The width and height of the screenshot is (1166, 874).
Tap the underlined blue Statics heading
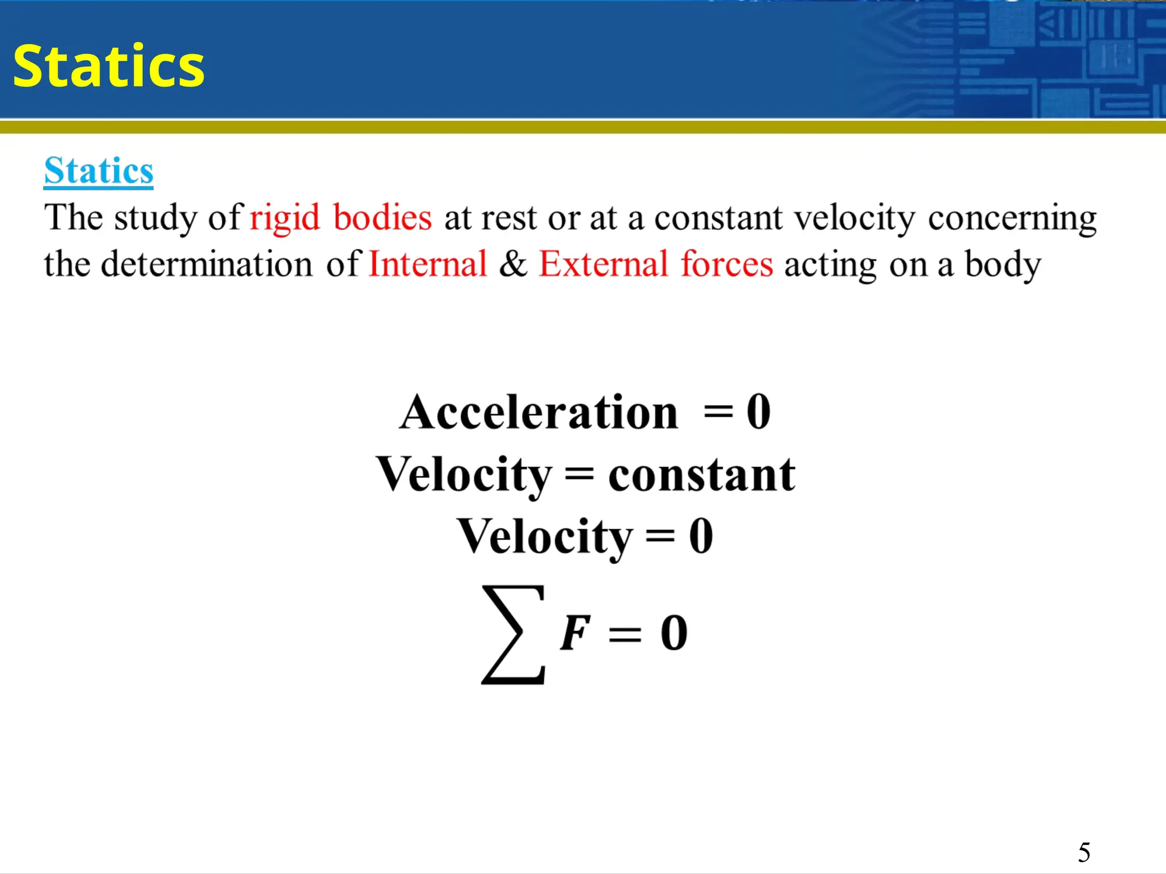pyautogui.click(x=98, y=171)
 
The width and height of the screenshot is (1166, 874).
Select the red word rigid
pyautogui.click(x=285, y=218)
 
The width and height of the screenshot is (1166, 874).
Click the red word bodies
pyautogui.click(x=382, y=217)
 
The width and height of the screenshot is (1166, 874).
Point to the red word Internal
pyautogui.click(x=428, y=264)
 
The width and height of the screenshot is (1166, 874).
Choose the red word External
pyautogui.click(x=603, y=264)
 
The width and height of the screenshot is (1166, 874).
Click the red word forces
pyautogui.click(x=726, y=264)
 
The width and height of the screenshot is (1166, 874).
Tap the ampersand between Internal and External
pyautogui.click(x=513, y=264)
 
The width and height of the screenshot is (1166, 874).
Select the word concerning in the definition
pyautogui.click(x=1012, y=218)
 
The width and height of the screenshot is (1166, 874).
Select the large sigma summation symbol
pyautogui.click(x=513, y=634)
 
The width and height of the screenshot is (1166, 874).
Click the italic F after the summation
pyautogui.click(x=575, y=633)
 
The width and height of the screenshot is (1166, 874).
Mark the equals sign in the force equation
pyautogui.click(x=625, y=634)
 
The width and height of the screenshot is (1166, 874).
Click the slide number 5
pyautogui.click(x=1084, y=852)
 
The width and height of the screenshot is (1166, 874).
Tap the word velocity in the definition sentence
pyautogui.click(x=854, y=218)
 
